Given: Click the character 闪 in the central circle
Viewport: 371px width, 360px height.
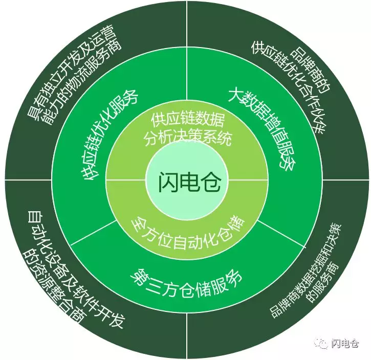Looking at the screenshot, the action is [167, 182].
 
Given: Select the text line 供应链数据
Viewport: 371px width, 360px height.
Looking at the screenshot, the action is [188, 120].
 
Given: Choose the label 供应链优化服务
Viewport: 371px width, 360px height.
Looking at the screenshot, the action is [111, 135].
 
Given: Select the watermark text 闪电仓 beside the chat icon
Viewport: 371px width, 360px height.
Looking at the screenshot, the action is [345, 344].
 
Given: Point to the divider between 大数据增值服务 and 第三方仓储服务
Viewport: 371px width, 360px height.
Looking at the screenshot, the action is [281, 234].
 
